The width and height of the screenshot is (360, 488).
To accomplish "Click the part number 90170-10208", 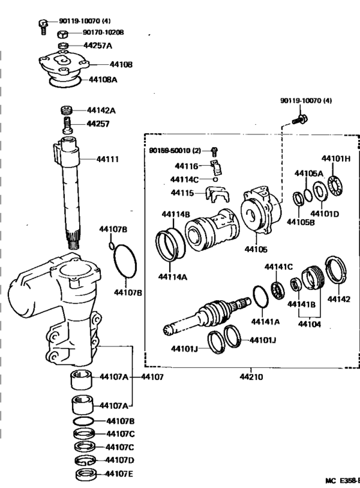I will (104, 32).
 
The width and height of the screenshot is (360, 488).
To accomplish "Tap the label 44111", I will (107, 158).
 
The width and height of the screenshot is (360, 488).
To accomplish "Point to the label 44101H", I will (336, 158).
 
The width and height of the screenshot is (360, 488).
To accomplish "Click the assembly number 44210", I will (251, 377).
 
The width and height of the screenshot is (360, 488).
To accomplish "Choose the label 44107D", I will (120, 460).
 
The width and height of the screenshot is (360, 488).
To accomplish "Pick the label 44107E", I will (120, 474).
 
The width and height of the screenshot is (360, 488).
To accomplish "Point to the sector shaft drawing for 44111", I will (69, 193).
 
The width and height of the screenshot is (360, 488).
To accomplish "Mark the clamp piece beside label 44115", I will (217, 192).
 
